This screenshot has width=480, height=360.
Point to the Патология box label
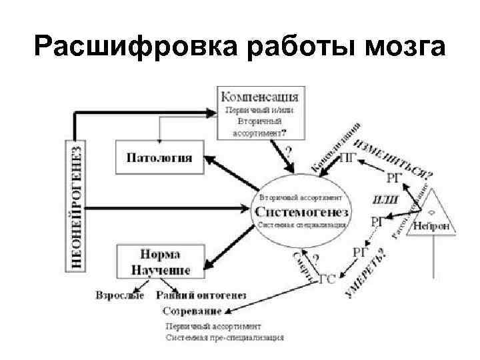tap(159, 158)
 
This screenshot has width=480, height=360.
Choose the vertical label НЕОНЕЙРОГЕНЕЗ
tap(77, 207)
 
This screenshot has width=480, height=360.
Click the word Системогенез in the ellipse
tap(301, 211)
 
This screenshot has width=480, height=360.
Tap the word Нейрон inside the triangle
tap(434, 225)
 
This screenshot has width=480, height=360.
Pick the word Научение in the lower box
tap(160, 269)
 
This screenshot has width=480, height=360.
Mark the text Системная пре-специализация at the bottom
tap(225, 337)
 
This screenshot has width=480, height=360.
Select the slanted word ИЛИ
tap(385, 199)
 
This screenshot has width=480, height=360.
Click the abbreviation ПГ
tap(347, 157)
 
